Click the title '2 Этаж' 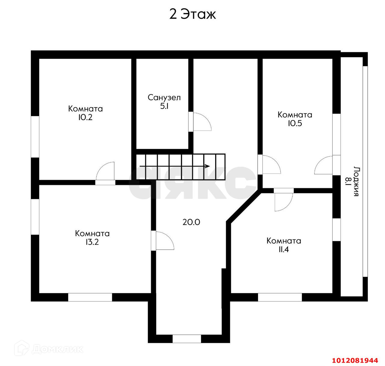click(192, 14)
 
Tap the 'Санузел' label click(164, 97)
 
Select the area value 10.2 click(85, 117)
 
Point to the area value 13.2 click(92, 242)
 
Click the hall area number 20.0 click(191, 222)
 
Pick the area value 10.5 click(295, 123)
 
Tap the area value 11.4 click(284, 249)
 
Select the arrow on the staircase click(175, 166)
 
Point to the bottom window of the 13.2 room click(90, 297)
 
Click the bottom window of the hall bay click(187, 339)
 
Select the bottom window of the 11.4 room click(280, 297)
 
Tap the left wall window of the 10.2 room click(35, 137)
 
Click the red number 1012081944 click(355, 360)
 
